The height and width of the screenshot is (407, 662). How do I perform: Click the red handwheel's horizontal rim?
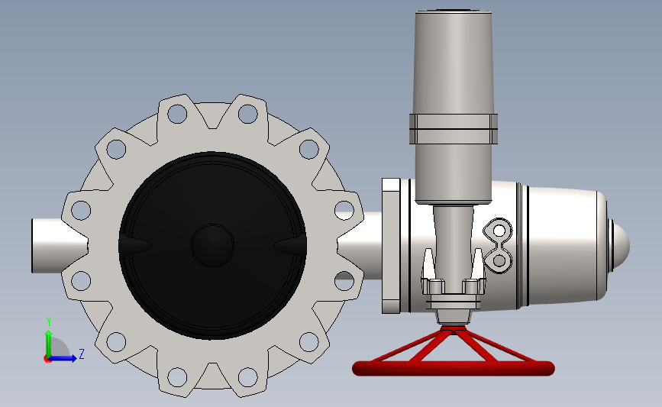[x=453, y=368]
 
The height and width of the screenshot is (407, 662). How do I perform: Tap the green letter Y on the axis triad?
[x=49, y=321]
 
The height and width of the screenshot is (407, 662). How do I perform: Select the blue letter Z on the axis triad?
[x=82, y=354]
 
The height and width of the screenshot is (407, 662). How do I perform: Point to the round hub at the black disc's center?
[x=212, y=246]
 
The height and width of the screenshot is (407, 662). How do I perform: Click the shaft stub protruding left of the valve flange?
[x=59, y=245]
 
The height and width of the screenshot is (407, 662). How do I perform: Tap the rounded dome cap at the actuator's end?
[x=620, y=245]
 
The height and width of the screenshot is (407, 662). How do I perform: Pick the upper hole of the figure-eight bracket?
[x=499, y=231]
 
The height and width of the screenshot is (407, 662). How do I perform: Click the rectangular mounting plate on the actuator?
[x=391, y=246]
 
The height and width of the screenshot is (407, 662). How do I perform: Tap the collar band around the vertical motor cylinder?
[x=454, y=129]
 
